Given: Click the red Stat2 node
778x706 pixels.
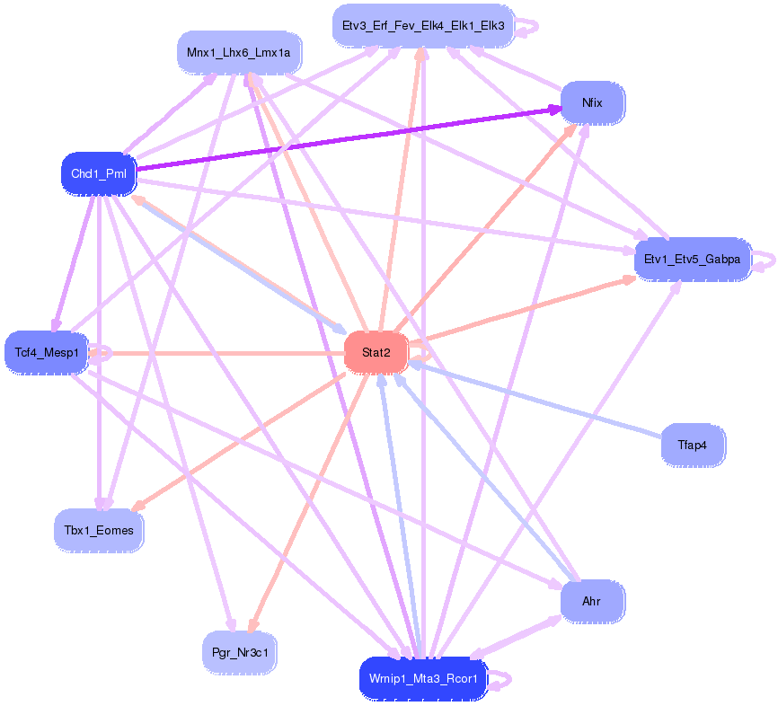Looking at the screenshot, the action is (376, 353).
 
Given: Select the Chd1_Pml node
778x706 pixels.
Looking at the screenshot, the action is (99, 173).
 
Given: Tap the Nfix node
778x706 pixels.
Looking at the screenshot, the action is (592, 102).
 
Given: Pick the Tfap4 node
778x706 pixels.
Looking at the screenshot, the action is (692, 445).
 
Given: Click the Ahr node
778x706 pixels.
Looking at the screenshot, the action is (591, 601).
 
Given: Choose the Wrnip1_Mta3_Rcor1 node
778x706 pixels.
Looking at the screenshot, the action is (422, 679).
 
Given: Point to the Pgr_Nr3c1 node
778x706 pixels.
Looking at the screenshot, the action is (239, 652).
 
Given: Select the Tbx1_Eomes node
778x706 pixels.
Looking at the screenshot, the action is (97, 531).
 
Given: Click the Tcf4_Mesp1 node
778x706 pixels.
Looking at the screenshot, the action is (47, 352).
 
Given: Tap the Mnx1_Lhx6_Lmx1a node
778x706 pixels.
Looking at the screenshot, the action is (239, 53).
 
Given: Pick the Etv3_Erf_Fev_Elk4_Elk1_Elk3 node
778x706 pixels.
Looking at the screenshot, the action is (421, 26).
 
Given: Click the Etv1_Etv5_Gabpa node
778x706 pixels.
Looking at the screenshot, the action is (692, 260).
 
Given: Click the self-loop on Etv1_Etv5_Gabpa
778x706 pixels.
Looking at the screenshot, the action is (765, 260).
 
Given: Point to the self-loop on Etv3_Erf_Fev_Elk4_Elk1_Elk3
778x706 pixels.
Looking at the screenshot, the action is (528, 27).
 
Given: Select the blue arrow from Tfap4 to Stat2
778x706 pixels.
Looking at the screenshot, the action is (539, 401).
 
